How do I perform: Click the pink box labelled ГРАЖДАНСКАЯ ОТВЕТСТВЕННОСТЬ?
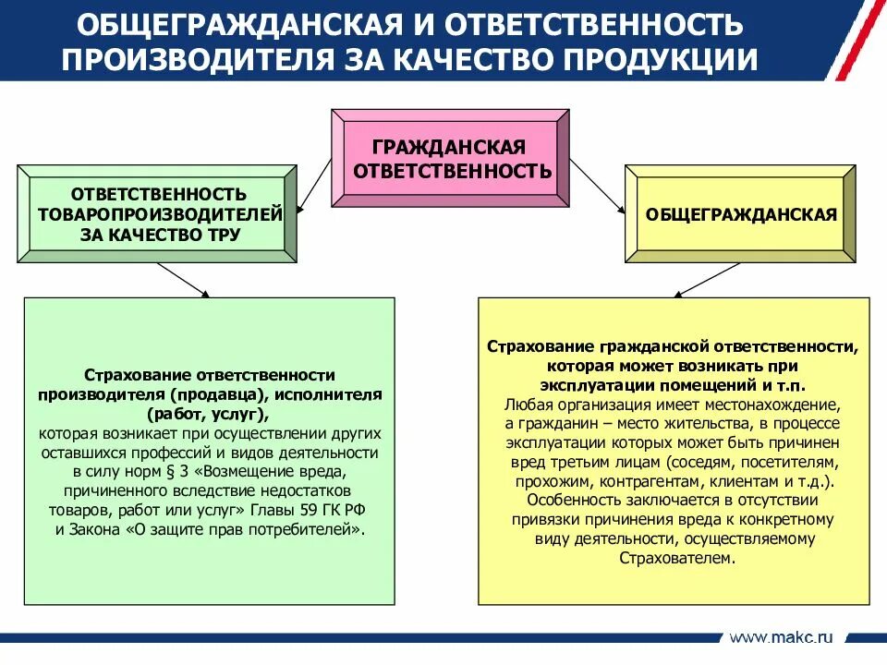[450, 159]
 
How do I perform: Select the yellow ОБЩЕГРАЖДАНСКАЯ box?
[741, 215]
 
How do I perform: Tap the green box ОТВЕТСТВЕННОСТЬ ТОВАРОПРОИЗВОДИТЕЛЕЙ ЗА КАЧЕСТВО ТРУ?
[159, 214]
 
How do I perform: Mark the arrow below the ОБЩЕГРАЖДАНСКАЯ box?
[707, 280]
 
